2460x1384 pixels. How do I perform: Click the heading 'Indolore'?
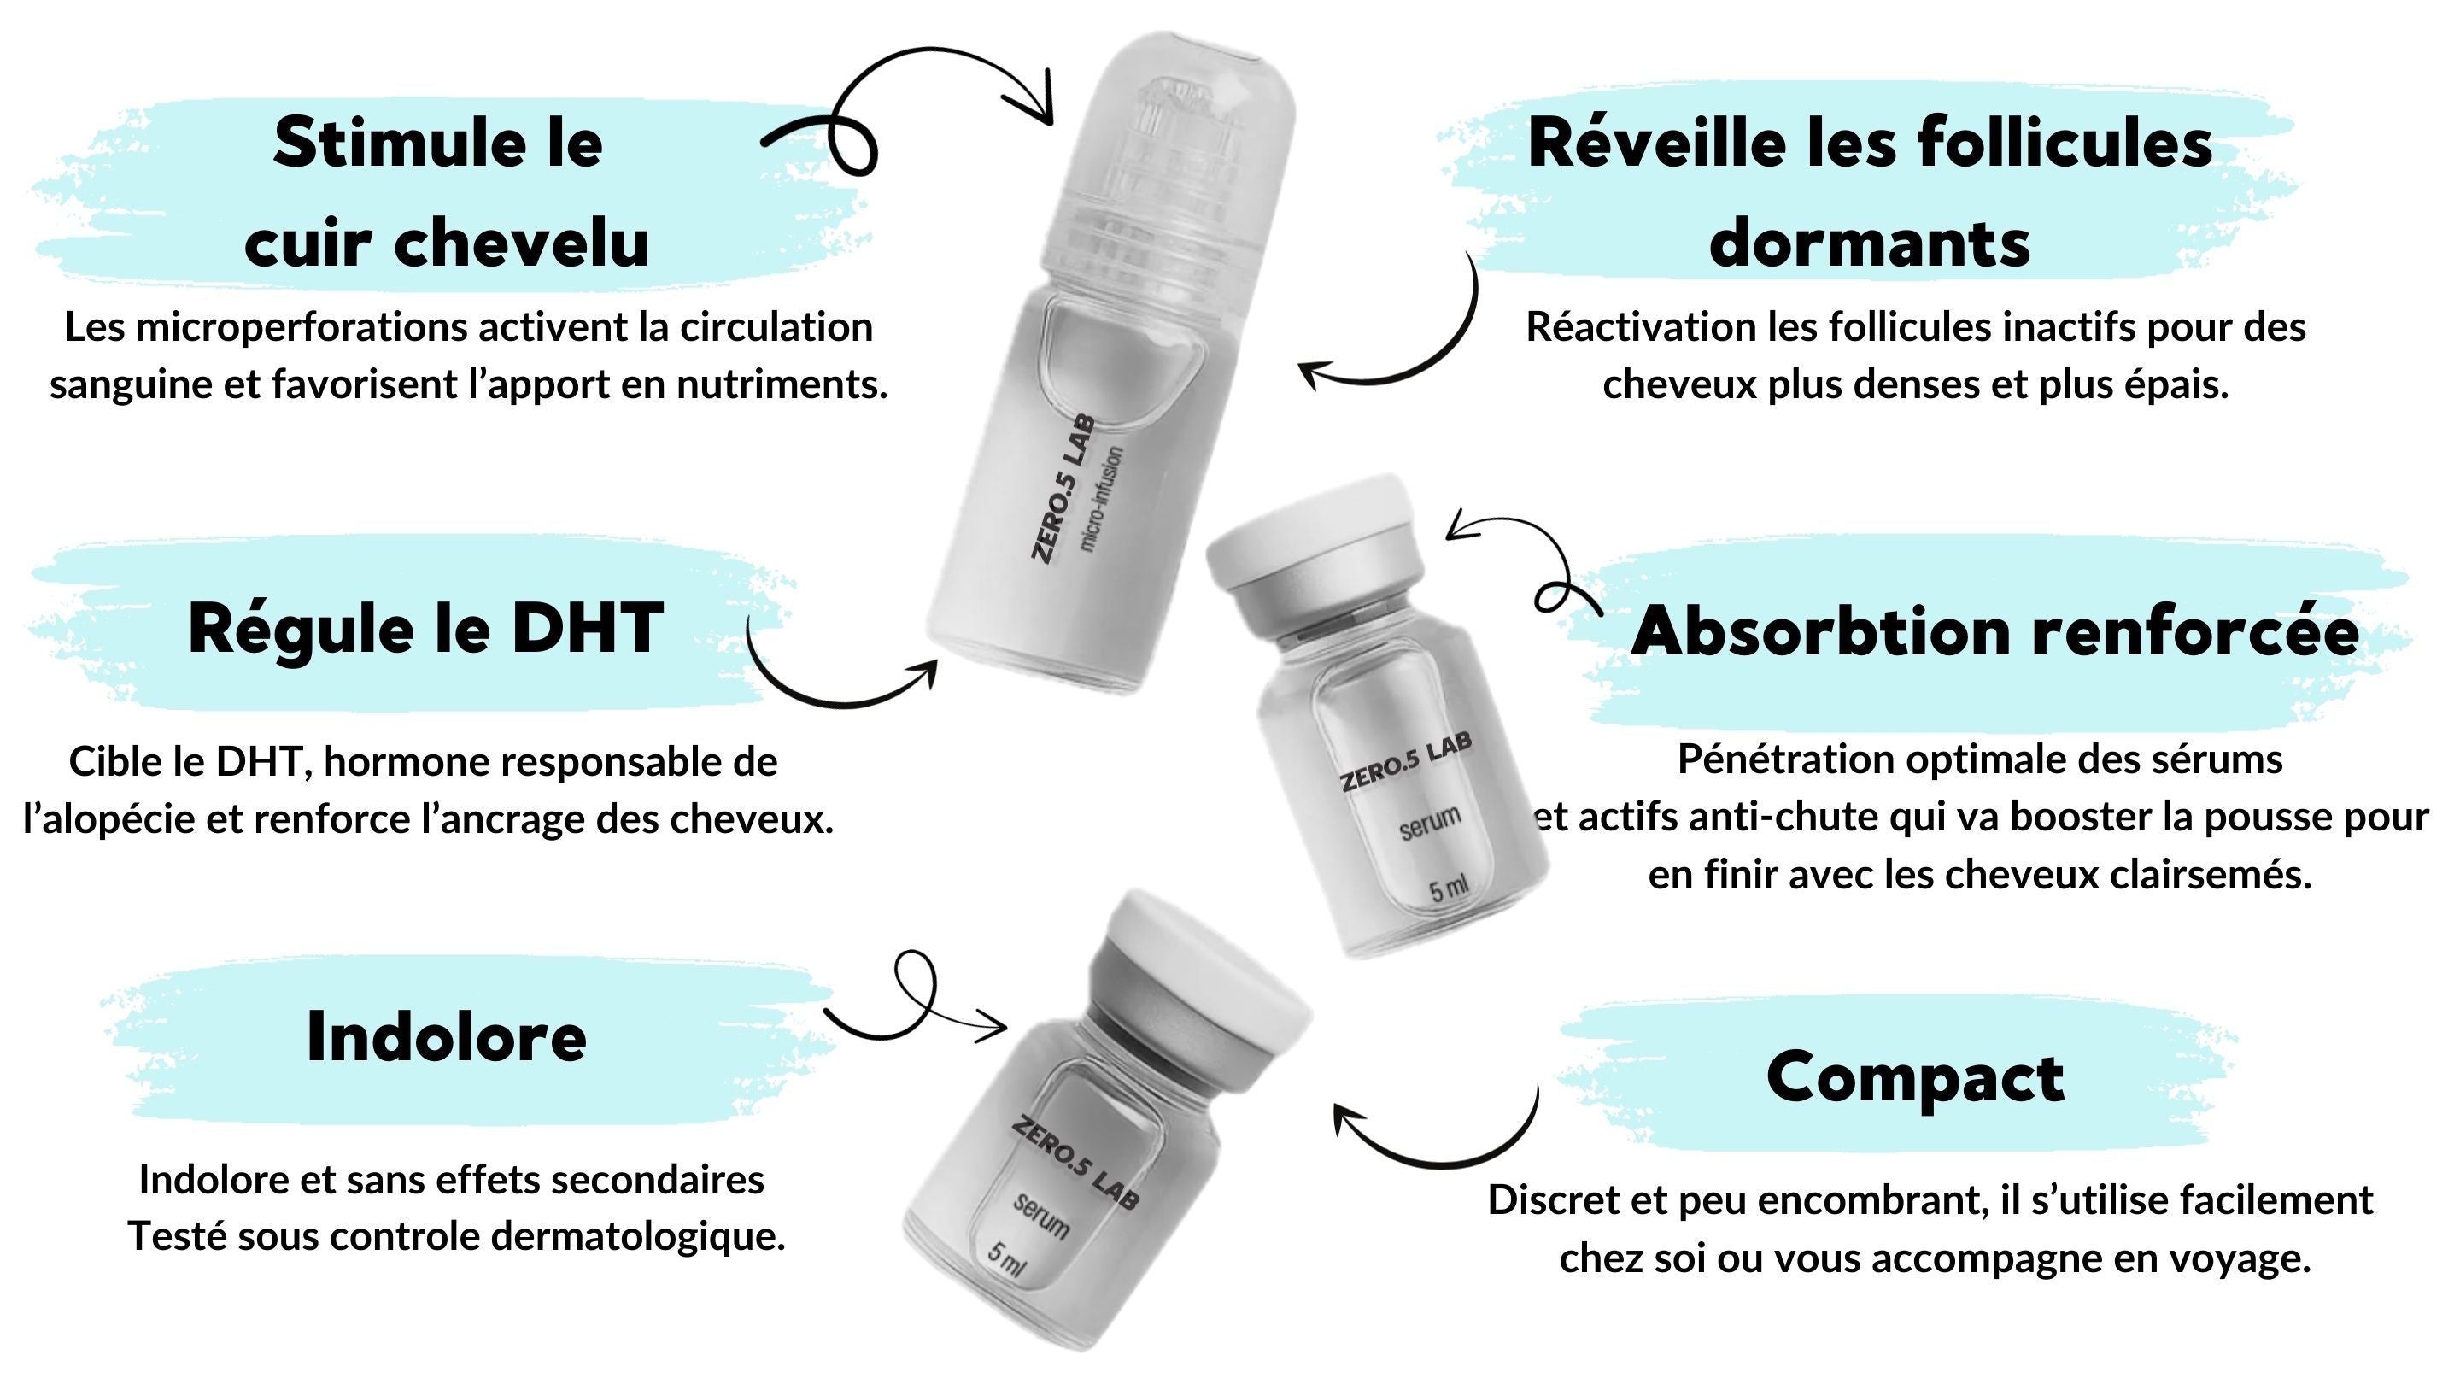point(446,1037)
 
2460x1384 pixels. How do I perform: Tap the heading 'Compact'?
point(1915,1078)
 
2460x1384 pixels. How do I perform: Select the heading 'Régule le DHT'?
point(426,630)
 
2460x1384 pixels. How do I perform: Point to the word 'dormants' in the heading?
point(1870,243)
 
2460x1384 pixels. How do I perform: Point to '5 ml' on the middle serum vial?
point(1448,889)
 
